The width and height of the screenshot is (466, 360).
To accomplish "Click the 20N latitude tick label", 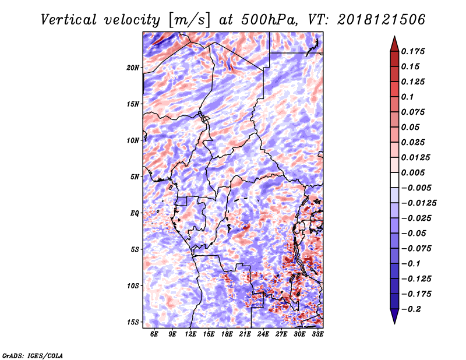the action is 133,68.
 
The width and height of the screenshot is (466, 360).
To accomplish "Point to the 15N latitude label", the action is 133,104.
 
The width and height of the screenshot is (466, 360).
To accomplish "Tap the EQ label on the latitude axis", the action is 135,213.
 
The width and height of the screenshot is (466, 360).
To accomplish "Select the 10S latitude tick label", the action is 133,285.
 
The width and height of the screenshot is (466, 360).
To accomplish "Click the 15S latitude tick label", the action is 133,322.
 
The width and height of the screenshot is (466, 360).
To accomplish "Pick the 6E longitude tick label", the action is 154,334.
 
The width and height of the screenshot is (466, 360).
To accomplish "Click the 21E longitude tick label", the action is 245,334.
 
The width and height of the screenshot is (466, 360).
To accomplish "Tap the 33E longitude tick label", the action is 317,334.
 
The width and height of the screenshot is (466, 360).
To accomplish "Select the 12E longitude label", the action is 190,334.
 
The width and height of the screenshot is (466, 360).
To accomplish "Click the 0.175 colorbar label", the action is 413,51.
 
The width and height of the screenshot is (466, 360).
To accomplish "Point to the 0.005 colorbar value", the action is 413,172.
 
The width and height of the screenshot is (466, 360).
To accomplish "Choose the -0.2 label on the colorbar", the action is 411,309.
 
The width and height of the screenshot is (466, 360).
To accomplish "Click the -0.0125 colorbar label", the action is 419,203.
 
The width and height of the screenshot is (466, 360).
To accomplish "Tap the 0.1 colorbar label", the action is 407,97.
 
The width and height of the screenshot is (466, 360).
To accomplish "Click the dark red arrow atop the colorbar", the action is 394,44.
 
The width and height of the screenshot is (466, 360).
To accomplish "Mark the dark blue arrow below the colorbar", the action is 394,316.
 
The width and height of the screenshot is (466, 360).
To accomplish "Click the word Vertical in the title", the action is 69,20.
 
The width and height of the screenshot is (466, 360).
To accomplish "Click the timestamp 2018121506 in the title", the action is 382,20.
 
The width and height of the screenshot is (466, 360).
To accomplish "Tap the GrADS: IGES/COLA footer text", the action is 33,355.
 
